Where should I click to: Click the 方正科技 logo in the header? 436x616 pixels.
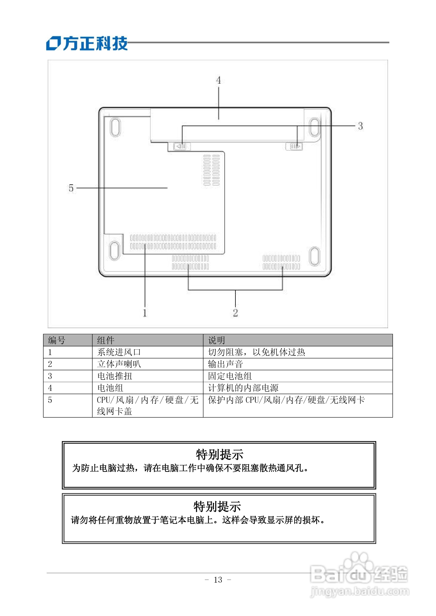click(87, 44)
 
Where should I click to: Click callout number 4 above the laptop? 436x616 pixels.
click(219, 80)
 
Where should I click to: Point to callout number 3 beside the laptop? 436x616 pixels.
click(360, 126)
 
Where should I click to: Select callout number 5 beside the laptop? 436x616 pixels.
click(71, 188)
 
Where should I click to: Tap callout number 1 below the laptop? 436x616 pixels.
click(145, 313)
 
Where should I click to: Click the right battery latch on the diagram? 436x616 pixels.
click(294, 147)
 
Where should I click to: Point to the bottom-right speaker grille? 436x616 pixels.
click(281, 262)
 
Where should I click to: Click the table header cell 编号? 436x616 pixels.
click(57, 340)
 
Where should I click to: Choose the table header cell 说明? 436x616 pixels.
click(216, 340)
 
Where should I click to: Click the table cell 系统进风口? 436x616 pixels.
click(119, 352)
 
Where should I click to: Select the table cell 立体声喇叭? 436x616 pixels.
click(119, 364)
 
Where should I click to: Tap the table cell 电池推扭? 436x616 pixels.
click(115, 376)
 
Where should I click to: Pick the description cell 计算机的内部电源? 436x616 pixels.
click(243, 388)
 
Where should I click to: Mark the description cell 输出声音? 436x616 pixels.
click(225, 364)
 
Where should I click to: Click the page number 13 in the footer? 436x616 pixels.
click(218, 579)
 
